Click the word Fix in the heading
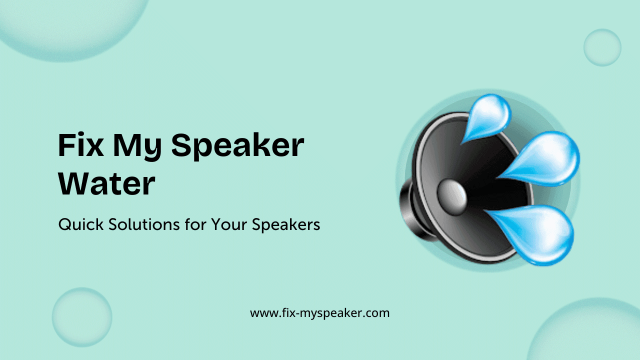79,146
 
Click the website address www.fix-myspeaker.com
319,313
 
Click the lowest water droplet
537,231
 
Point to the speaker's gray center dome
452,195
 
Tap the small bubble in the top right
602,47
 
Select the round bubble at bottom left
82,317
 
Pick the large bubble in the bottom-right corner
590,332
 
